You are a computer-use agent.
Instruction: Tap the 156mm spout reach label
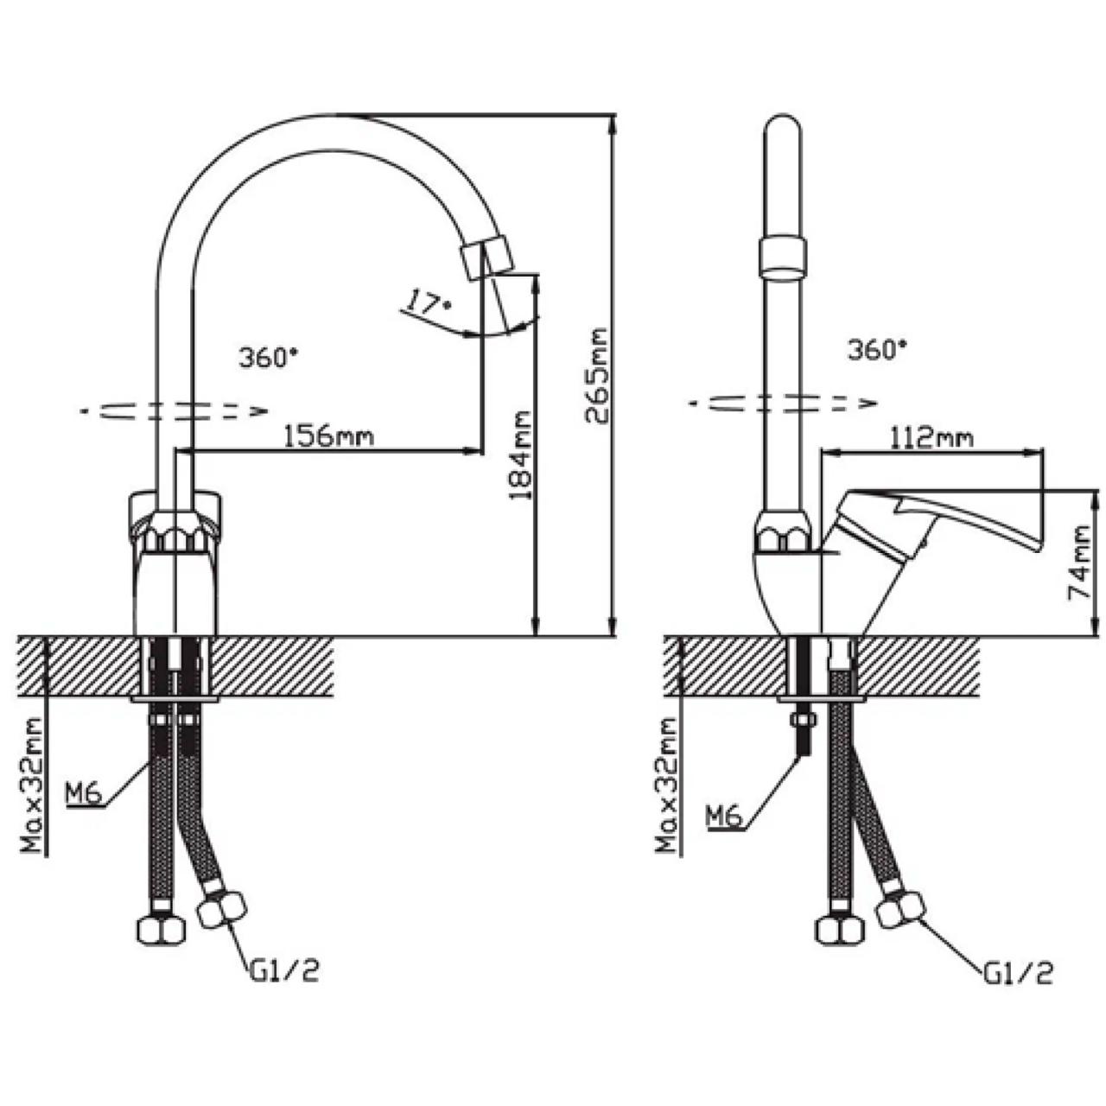pyautogui.click(x=329, y=436)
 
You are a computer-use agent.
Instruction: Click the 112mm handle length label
pyautogui.click(x=931, y=438)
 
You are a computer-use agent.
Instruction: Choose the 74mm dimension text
pyautogui.click(x=1079, y=563)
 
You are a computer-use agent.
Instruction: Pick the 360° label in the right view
pyautogui.click(x=878, y=350)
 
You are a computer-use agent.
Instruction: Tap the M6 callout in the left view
pyautogui.click(x=84, y=794)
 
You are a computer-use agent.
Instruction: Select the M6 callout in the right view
pyautogui.click(x=724, y=817)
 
